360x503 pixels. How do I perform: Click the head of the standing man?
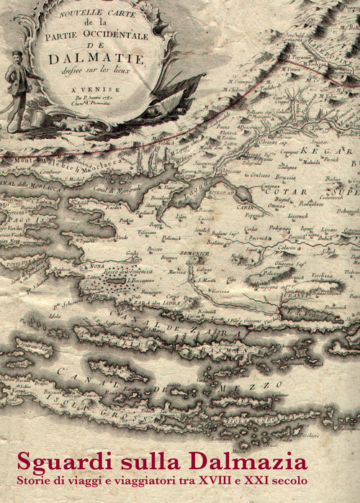coord(17,56)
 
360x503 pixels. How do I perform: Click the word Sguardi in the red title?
coord(59,459)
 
